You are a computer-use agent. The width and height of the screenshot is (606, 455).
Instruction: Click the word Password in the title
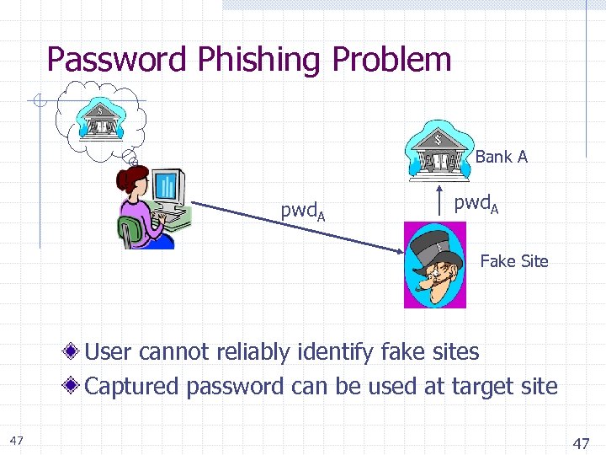(118, 60)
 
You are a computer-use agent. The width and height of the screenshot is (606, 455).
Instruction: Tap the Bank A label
(501, 157)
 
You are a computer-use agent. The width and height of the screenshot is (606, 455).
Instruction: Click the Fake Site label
(513, 261)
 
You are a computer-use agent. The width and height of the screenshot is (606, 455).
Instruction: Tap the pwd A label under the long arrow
(303, 211)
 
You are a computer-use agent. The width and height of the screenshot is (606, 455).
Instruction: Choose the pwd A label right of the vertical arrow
(476, 204)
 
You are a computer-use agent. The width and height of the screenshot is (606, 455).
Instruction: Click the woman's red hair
(134, 178)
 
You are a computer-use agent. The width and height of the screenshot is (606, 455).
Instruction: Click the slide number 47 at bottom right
(582, 443)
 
